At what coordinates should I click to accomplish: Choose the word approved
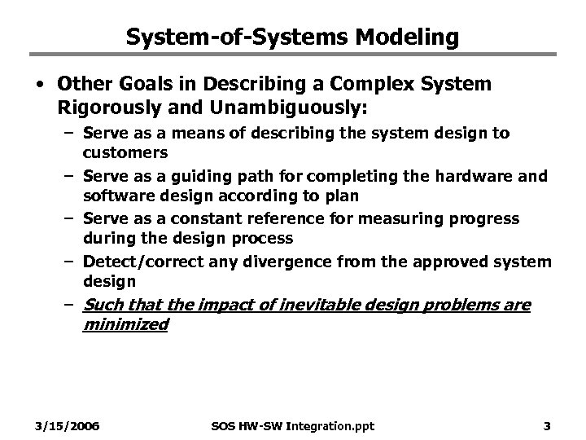[x=460, y=262]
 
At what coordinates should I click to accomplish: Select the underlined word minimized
[x=125, y=324]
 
